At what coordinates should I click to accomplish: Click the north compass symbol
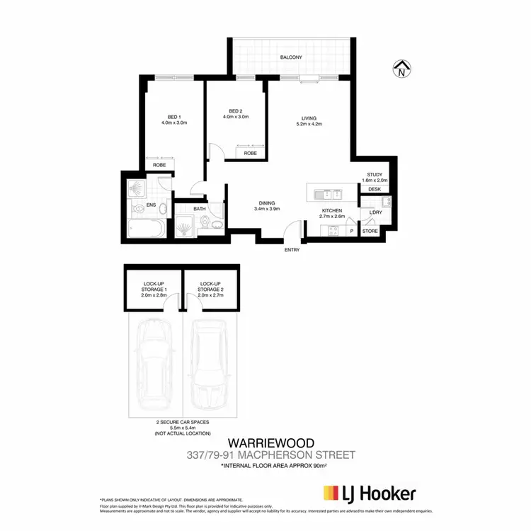(x=401, y=69)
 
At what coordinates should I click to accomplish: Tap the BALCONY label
(x=290, y=57)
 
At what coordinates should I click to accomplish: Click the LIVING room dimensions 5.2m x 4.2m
(x=309, y=124)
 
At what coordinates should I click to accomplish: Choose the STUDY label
(x=375, y=174)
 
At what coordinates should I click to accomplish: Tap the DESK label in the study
(x=375, y=189)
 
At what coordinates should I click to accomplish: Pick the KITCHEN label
(x=331, y=210)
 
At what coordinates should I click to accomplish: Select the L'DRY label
(x=375, y=212)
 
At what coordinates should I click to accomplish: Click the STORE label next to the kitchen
(x=370, y=231)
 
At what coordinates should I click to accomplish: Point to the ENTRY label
(x=292, y=250)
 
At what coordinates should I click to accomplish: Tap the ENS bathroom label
(x=151, y=205)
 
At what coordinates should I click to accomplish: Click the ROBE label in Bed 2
(x=250, y=153)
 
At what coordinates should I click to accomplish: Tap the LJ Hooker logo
(x=369, y=493)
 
